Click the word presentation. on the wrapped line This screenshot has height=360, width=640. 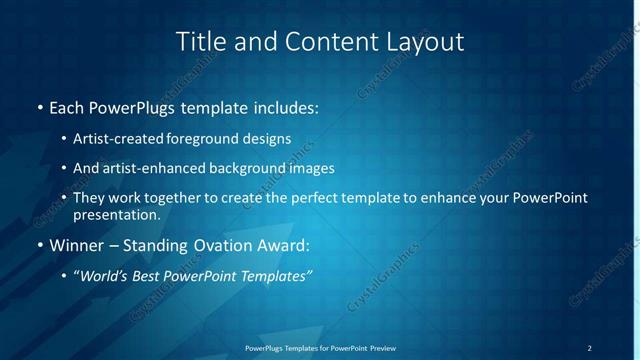click(117, 214)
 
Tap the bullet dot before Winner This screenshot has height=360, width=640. click(39, 245)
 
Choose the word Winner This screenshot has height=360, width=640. click(76, 245)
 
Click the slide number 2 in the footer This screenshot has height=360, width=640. click(589, 347)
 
